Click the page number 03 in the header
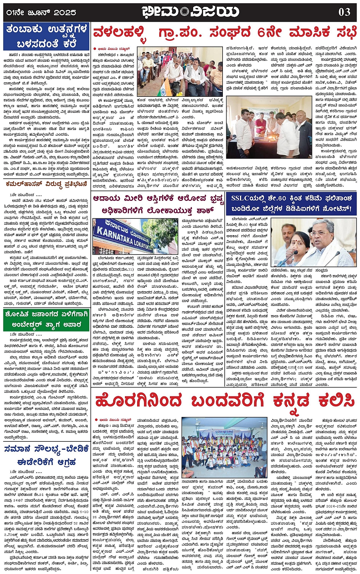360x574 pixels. [344, 12]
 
